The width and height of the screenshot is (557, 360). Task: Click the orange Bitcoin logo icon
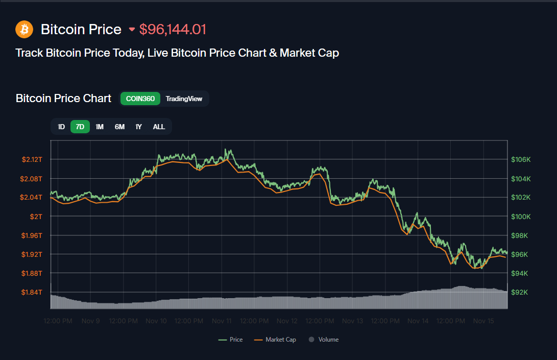point(24,29)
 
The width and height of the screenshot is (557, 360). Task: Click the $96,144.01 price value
point(173,30)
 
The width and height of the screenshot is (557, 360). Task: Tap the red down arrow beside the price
point(132,30)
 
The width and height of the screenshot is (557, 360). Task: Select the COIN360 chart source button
point(140,99)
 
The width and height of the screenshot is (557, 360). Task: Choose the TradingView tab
point(184,99)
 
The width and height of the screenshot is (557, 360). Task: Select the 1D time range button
point(61,127)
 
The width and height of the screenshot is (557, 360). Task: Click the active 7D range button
point(80,127)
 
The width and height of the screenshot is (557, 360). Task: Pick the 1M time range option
point(100,127)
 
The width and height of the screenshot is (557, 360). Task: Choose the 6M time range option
point(119,127)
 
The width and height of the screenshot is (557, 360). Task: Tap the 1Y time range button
point(138,127)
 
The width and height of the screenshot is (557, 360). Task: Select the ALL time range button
point(159,127)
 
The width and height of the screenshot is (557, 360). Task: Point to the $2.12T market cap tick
point(32,159)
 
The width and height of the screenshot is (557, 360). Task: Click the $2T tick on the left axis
point(36,217)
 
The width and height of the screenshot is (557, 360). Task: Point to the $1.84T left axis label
point(32,292)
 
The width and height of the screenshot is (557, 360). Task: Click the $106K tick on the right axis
point(521,159)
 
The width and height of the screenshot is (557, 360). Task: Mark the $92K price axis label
point(521,292)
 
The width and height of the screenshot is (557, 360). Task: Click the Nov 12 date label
point(287,321)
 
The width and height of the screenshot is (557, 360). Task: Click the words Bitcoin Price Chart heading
point(63,99)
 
